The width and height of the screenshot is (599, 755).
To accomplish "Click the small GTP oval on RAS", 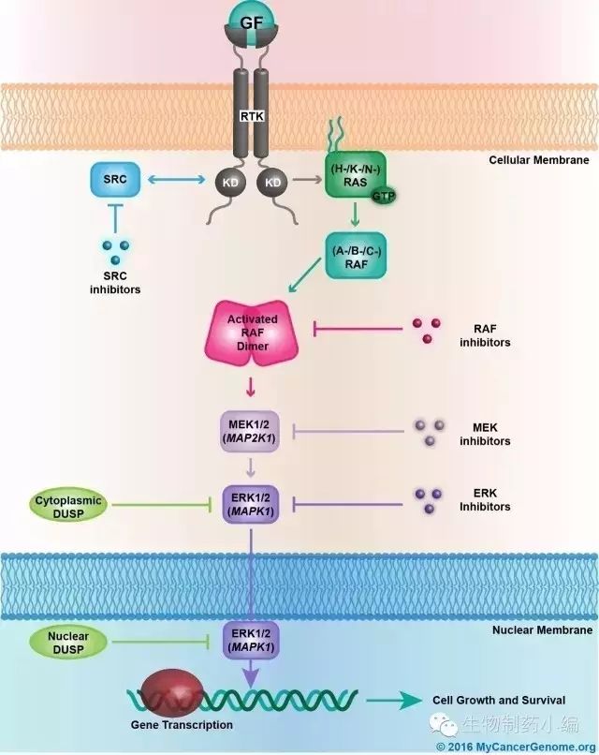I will (382, 197).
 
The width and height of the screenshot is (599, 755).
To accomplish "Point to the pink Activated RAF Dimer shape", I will (252, 333).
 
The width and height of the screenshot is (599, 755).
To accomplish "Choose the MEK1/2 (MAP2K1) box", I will (251, 434).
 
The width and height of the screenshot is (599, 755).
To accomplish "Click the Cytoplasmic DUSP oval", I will (74, 503).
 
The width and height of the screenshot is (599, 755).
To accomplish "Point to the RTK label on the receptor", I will (250, 115).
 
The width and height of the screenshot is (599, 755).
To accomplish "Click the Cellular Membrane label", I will (538, 160).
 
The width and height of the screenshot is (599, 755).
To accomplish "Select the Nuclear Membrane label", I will (542, 630).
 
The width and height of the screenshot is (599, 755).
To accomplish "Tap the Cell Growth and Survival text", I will (498, 700).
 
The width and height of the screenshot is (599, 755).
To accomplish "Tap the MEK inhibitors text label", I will (485, 434).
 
